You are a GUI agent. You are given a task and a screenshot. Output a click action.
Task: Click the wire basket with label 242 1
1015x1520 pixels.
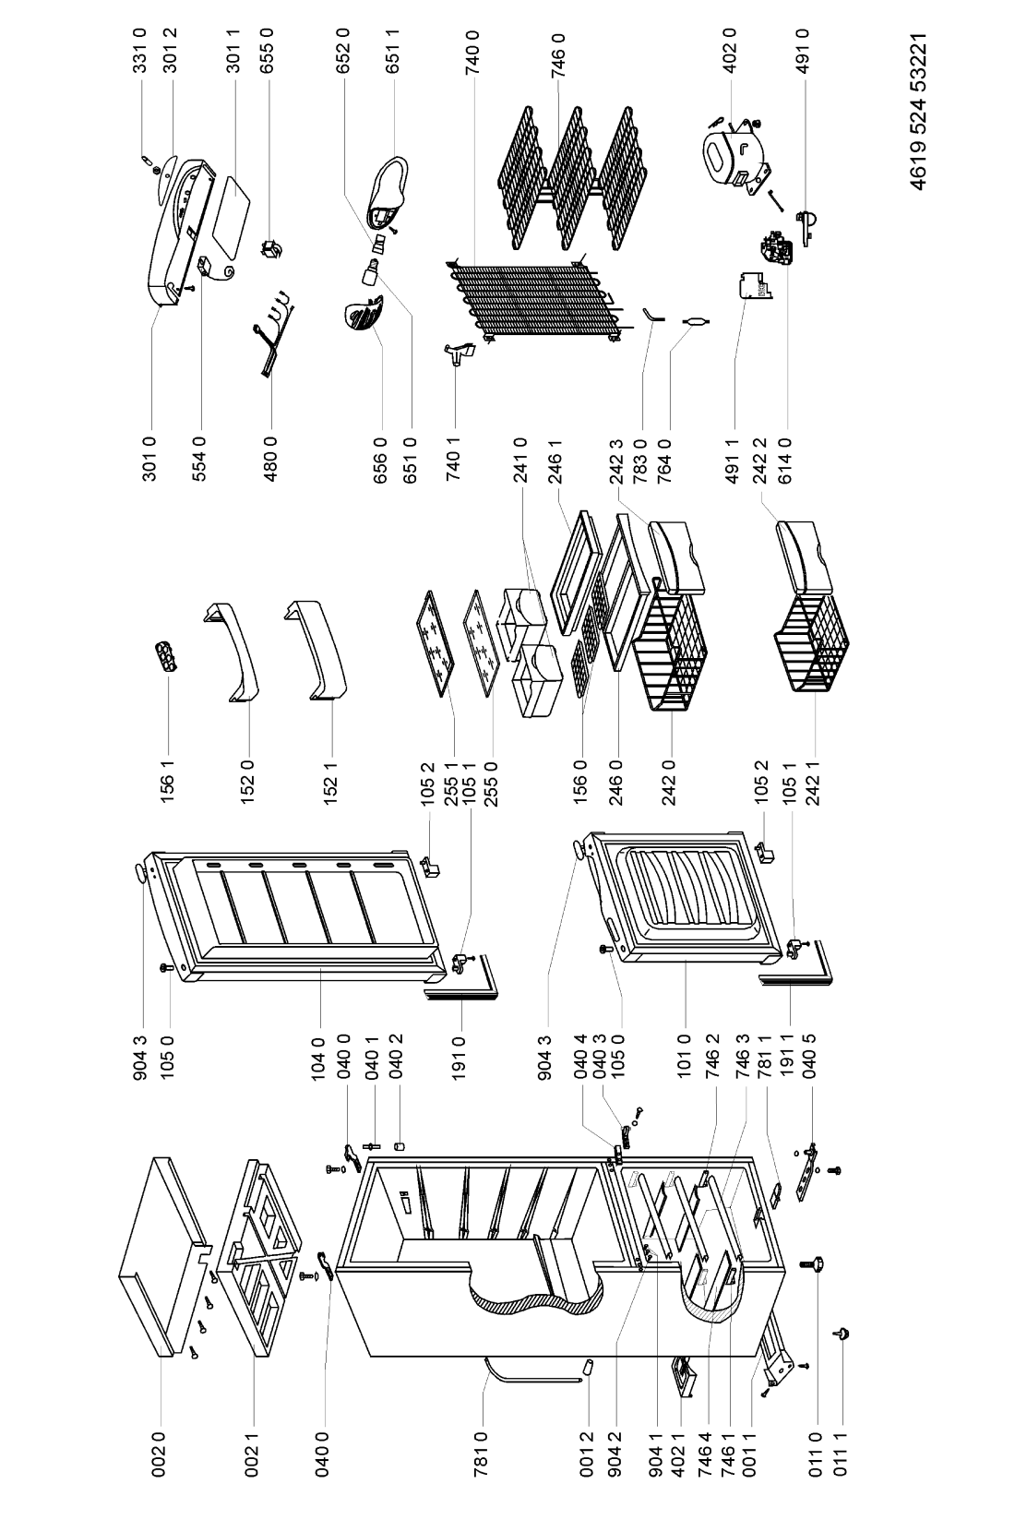point(812,644)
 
